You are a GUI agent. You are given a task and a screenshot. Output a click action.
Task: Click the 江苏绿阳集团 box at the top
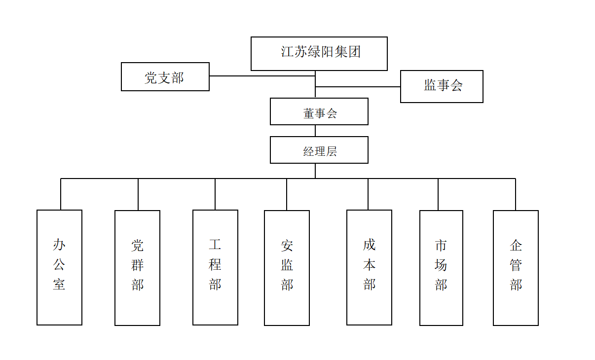tap(319, 54)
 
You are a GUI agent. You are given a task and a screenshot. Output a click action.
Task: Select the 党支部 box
tap(165, 77)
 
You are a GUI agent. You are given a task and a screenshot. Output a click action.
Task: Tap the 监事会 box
tap(442, 86)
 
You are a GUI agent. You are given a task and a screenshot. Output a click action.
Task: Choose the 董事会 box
tap(319, 111)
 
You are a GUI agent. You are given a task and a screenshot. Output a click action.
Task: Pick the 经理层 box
tap(319, 150)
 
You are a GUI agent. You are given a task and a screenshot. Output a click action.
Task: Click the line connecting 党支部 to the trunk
tap(261, 76)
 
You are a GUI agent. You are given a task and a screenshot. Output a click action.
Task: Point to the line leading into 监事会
tap(358, 87)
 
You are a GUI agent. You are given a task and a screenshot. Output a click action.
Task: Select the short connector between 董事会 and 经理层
tap(315, 131)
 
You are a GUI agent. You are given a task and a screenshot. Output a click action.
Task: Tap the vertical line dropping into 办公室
tap(61, 194)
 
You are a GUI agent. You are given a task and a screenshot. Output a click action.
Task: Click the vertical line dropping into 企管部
tap(516, 194)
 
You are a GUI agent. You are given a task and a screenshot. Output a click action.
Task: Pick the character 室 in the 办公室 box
tap(59, 285)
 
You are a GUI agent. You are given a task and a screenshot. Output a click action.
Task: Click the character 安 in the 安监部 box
tap(287, 245)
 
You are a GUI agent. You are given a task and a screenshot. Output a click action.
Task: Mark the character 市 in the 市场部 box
tap(441, 245)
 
